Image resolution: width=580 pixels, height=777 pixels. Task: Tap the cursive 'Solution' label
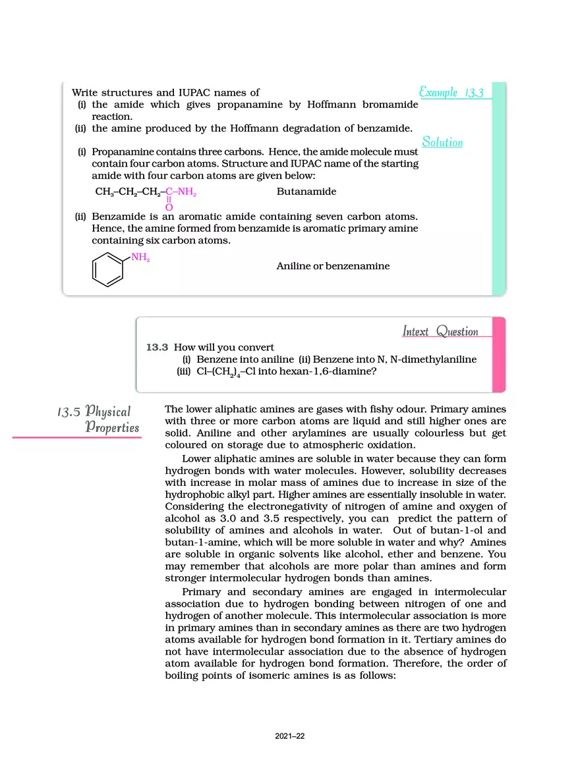[x=442, y=142]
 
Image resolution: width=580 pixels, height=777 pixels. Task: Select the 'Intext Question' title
[x=440, y=331]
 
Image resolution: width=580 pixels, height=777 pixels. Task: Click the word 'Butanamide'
[x=306, y=192]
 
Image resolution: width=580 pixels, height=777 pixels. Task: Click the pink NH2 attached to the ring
[x=140, y=257]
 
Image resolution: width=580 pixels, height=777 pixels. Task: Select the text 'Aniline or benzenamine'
[x=333, y=266]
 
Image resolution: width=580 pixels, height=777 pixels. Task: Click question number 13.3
[x=158, y=347]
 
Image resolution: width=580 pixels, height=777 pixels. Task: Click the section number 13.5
[x=69, y=413]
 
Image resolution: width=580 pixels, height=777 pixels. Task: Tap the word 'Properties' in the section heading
[x=113, y=428]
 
